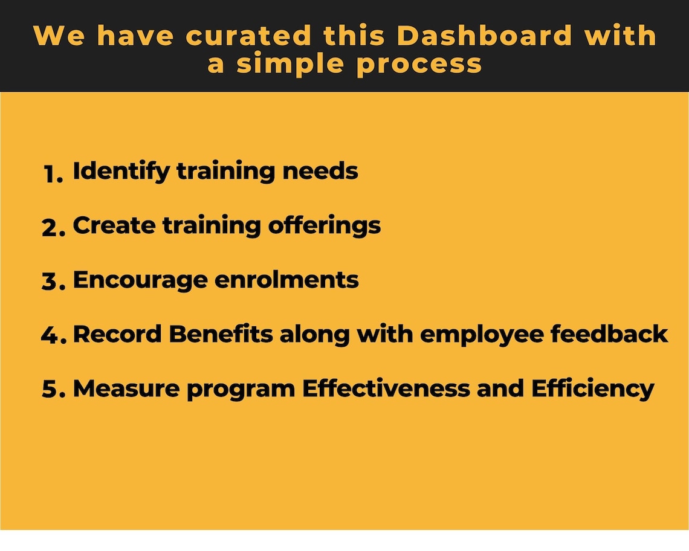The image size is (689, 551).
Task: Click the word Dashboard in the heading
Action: click(484, 36)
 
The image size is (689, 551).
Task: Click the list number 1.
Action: click(53, 174)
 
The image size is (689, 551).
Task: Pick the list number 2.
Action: click(53, 228)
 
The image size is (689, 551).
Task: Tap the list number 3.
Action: click(53, 282)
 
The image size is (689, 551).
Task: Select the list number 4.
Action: click(53, 336)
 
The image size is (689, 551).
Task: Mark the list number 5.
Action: click(53, 390)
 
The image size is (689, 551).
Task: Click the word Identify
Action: click(121, 172)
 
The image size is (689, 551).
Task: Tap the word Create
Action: click(114, 225)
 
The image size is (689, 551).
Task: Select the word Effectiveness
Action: click(386, 388)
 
